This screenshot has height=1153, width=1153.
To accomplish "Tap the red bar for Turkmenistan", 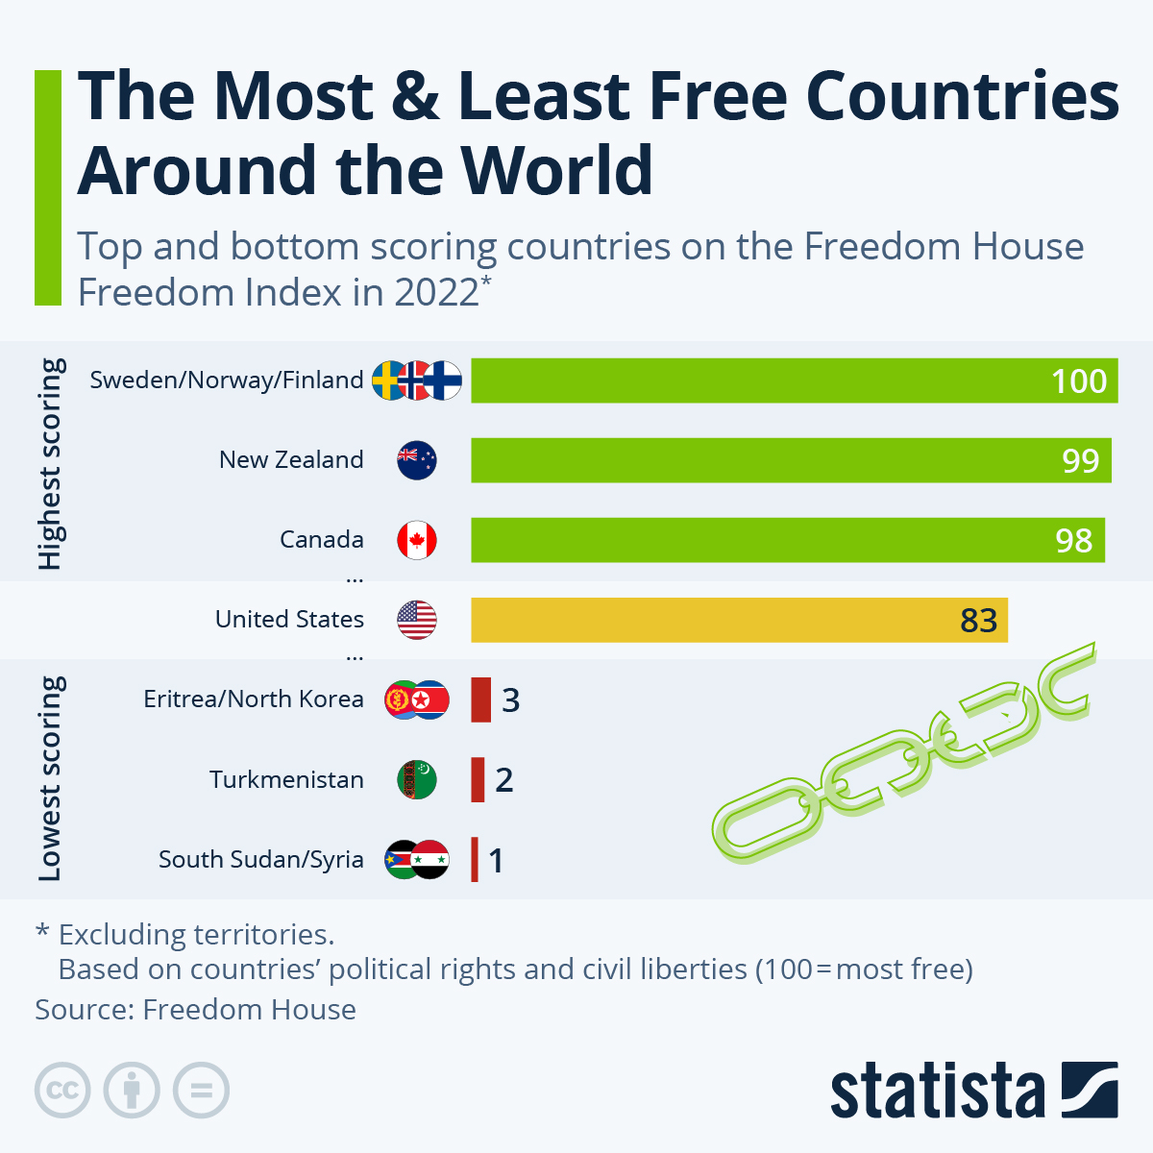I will tap(478, 779).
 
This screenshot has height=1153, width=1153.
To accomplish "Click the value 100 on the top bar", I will tap(1079, 380).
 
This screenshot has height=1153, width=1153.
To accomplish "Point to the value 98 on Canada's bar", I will tap(1073, 540).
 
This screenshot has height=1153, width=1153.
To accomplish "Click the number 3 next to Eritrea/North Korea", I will tap(510, 699).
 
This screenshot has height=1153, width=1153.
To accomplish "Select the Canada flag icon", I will tap(417, 540).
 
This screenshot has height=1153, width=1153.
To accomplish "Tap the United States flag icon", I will tap(417, 620).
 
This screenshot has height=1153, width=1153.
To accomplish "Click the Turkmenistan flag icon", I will tap(417, 779).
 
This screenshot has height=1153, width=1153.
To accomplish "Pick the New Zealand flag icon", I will tap(417, 460).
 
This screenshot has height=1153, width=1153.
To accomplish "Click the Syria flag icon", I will tap(430, 859).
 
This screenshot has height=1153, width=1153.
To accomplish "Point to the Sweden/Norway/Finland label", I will tap(227, 380).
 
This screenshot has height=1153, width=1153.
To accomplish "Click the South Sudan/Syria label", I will tap(260, 859).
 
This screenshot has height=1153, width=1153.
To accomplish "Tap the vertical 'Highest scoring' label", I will tap(50, 463).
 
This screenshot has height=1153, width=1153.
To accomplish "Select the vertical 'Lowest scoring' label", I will tap(50, 778).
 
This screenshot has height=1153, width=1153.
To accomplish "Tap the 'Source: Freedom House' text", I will tap(196, 1010).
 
